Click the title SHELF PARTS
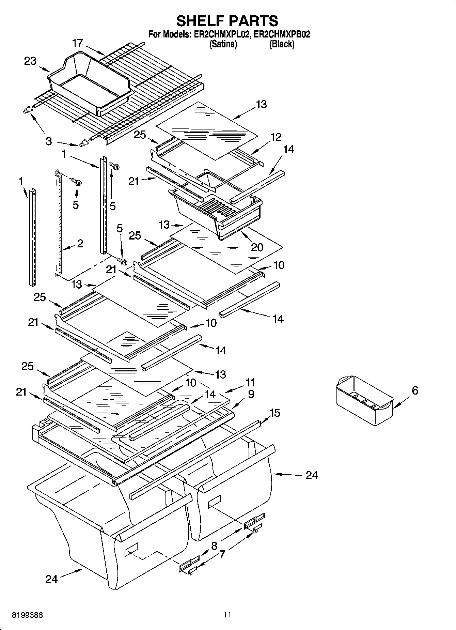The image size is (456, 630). (x=227, y=21)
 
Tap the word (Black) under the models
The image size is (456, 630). (x=282, y=44)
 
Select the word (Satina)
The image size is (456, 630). (x=223, y=44)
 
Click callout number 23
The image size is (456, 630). (x=30, y=61)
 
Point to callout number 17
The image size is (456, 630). (x=78, y=43)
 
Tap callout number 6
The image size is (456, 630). (x=415, y=390)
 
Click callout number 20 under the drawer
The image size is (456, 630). (x=257, y=247)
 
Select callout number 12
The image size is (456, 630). (x=276, y=137)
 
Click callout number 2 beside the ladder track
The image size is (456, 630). (x=80, y=243)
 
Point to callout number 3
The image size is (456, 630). (x=49, y=141)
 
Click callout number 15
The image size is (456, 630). (x=274, y=413)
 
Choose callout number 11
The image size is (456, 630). (x=250, y=382)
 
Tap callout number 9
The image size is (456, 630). (x=251, y=394)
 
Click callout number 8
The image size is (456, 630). (x=214, y=546)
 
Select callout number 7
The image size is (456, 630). (x=222, y=554)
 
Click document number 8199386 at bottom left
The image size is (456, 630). (x=27, y=615)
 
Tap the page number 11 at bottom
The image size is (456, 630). (x=227, y=615)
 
